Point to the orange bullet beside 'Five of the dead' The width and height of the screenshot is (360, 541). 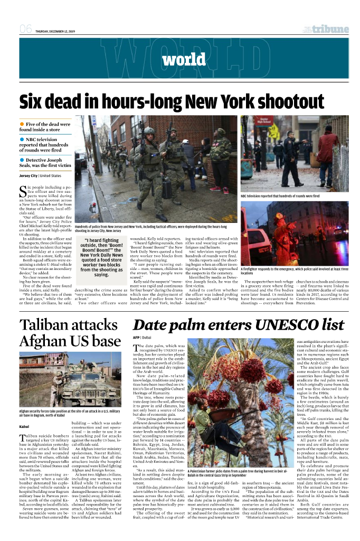coord(22,124)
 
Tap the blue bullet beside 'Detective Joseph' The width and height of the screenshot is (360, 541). coord(22,159)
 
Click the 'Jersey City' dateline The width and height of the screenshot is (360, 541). coord(29,175)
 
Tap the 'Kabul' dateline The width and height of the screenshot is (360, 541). coord(25,425)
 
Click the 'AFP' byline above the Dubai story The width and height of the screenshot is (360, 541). coord(136,337)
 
